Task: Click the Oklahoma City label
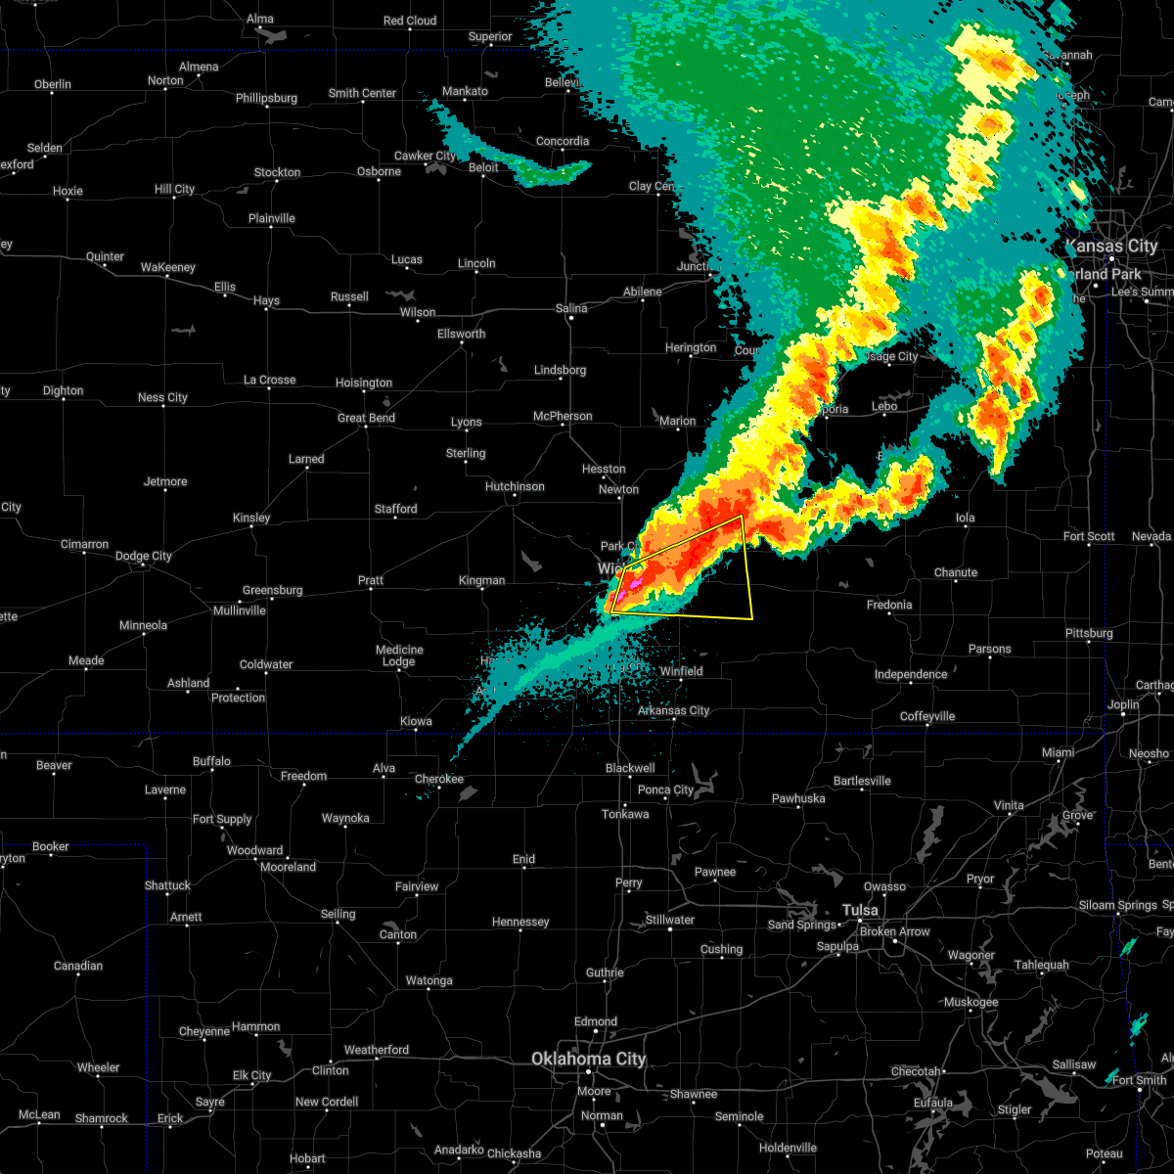point(588,1059)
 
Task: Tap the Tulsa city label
point(861,910)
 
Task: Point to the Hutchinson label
point(515,486)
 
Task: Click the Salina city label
point(571,308)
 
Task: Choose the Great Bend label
point(366,418)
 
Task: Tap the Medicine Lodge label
point(399,655)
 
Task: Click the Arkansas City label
point(673,710)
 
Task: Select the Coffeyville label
point(927,716)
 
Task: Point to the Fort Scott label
point(1089,536)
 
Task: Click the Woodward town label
point(254,850)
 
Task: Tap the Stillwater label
point(670,920)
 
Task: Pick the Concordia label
point(563,141)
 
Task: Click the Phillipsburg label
point(266,98)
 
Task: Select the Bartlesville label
point(862,781)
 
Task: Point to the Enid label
point(523,859)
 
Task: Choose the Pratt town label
point(371,580)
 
